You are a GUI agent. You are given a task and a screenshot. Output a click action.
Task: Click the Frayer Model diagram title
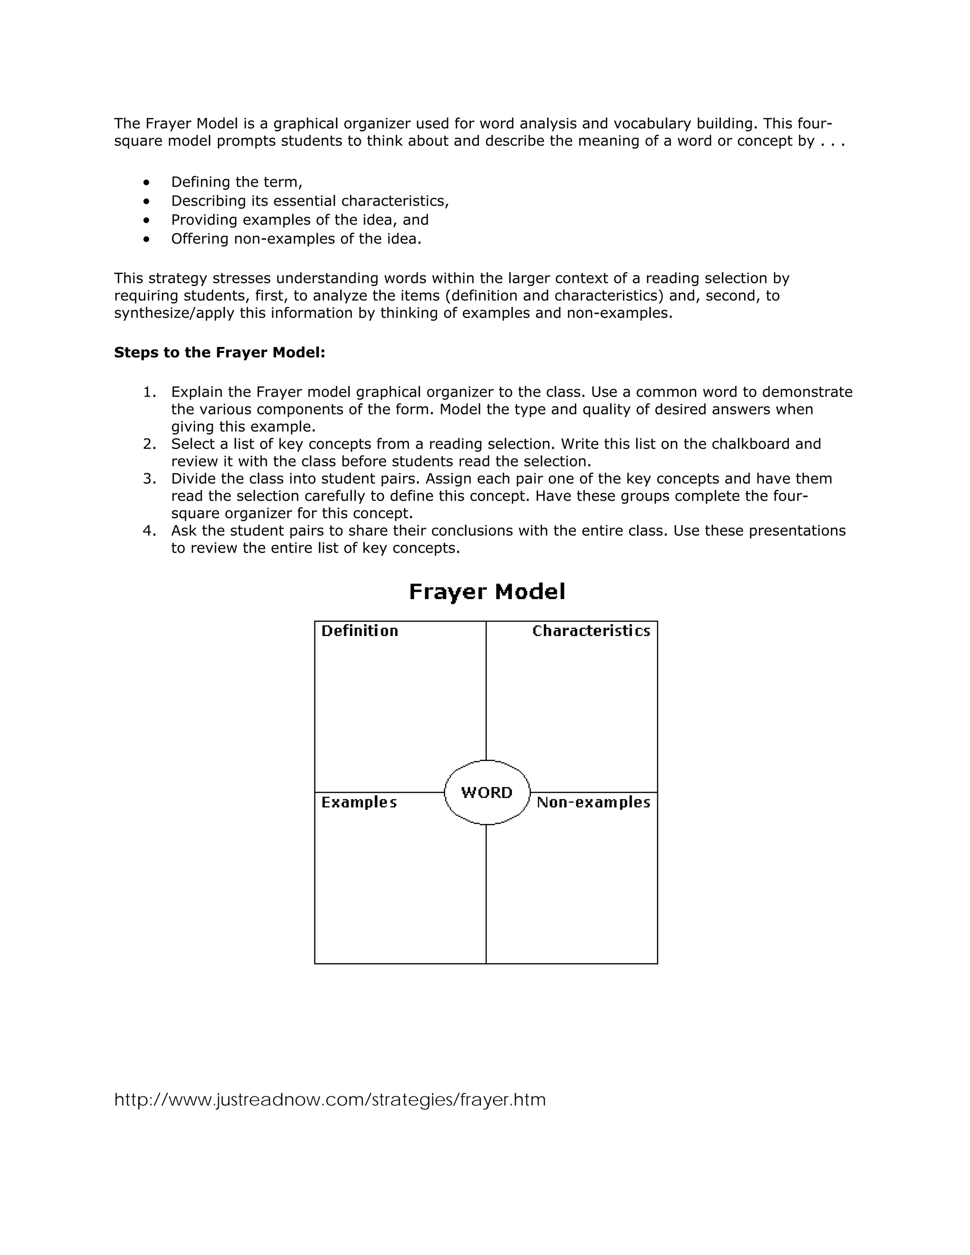tap(487, 592)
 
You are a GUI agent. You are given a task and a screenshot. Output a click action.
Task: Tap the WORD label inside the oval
tap(487, 792)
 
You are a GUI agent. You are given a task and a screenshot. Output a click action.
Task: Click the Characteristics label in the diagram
tap(591, 631)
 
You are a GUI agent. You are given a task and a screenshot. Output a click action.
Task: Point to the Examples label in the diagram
tap(359, 802)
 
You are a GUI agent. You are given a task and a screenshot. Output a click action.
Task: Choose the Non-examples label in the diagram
tap(593, 802)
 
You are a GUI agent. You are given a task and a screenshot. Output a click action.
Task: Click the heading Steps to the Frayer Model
tap(219, 352)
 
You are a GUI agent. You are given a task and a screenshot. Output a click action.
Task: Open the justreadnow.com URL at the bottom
tap(330, 1099)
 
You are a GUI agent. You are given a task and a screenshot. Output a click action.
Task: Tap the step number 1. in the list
tap(149, 392)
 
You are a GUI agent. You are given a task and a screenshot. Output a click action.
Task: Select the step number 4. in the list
tap(149, 530)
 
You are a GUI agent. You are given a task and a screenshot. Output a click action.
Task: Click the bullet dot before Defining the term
tap(147, 183)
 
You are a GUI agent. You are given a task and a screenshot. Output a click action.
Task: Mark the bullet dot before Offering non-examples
tap(147, 239)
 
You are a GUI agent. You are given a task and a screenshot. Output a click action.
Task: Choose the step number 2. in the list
tap(149, 444)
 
